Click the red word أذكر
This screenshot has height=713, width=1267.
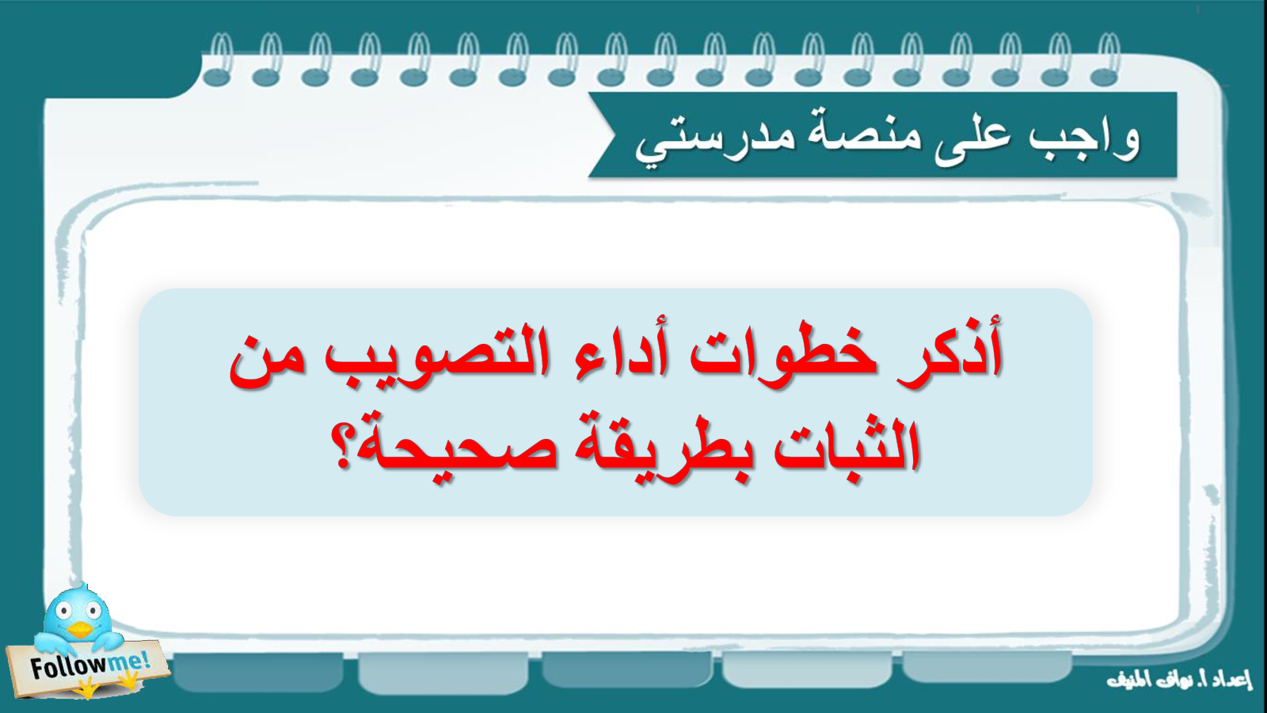point(950,352)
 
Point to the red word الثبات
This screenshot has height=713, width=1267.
point(847,447)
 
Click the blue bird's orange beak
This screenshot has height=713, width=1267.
point(80,629)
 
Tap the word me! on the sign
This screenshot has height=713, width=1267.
point(128,660)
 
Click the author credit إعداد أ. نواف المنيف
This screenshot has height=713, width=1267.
point(1179,678)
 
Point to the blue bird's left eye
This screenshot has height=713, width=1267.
point(64,611)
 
